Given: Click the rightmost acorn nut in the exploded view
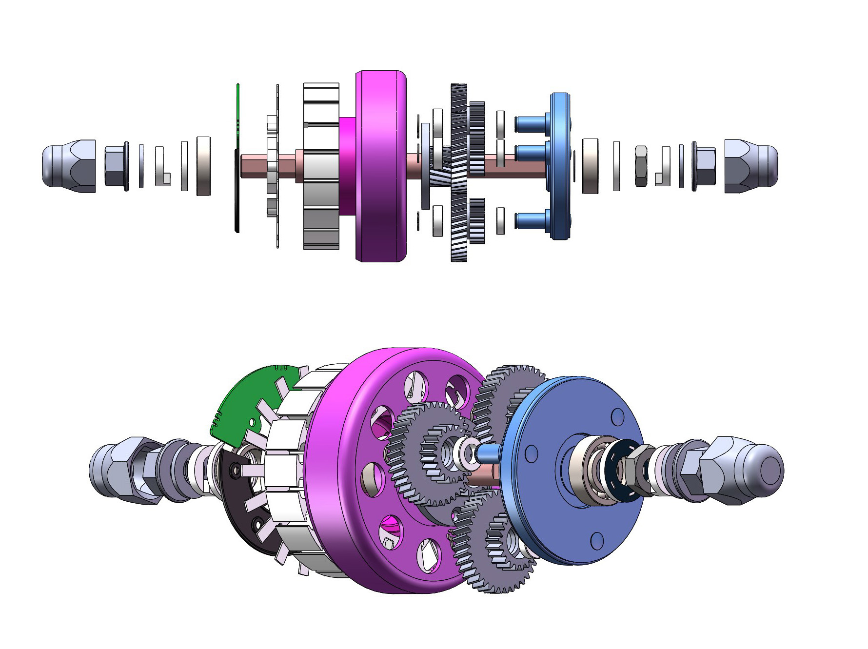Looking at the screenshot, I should (x=750, y=166).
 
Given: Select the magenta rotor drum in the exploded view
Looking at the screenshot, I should (x=380, y=166).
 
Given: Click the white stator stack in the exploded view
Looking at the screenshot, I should (x=321, y=166).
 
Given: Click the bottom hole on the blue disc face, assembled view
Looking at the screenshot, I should (x=596, y=539).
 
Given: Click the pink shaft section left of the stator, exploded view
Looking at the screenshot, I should (x=254, y=166).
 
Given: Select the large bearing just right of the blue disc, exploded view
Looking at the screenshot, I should (x=590, y=166).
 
